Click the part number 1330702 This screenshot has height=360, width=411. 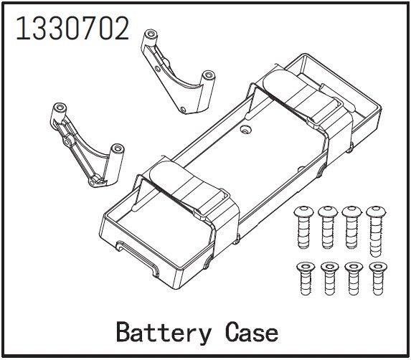click(72, 28)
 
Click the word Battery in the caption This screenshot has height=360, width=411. click(164, 333)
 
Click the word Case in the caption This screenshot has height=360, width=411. click(251, 332)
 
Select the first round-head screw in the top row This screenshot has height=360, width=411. click(303, 227)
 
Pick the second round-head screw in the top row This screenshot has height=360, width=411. click(328, 227)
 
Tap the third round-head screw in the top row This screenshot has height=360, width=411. click(351, 227)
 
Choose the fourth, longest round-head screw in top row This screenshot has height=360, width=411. click(376, 231)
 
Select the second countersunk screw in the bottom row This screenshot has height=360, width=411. click(329, 278)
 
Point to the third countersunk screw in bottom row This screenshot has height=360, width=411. click(353, 278)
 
